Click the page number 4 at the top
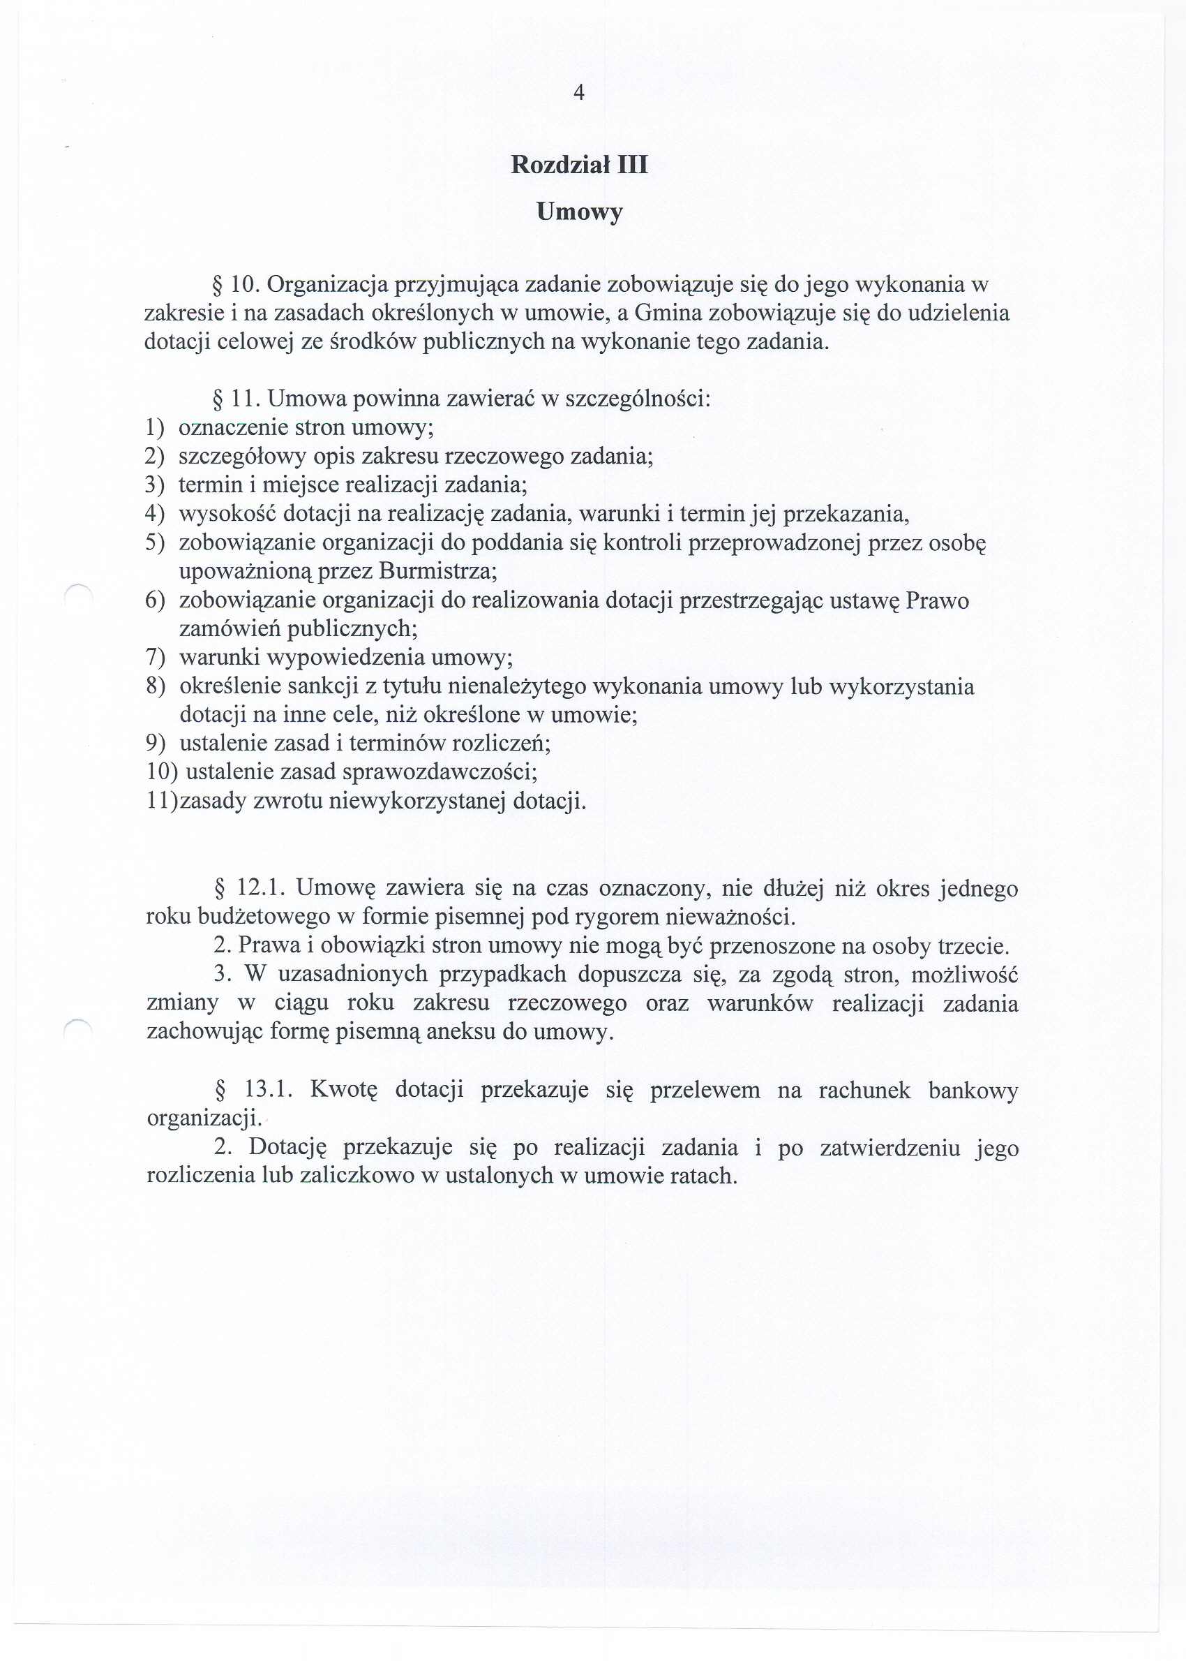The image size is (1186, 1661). (x=578, y=93)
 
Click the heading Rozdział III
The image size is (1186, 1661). (x=578, y=164)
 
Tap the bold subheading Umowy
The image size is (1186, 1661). (x=578, y=212)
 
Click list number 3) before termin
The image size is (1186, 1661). (x=154, y=485)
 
